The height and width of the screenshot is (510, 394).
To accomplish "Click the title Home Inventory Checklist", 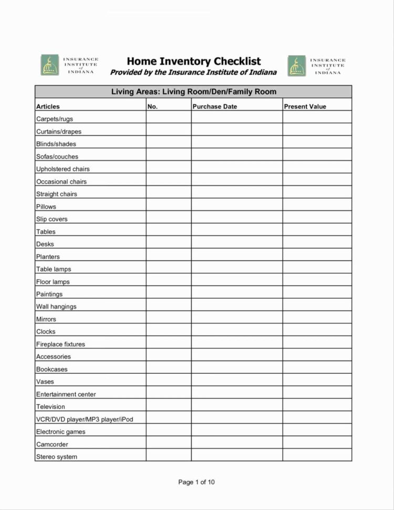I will [x=193, y=61].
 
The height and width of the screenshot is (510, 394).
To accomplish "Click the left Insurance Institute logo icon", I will [x=50, y=65].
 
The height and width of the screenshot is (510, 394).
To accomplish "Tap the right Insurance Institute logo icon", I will [x=296, y=66].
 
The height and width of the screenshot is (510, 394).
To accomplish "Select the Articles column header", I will [x=48, y=106].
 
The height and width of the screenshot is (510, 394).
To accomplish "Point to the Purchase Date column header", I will [x=214, y=106].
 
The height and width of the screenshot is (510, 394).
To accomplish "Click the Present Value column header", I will [x=305, y=106].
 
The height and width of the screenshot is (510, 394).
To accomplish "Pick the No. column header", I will [x=153, y=106].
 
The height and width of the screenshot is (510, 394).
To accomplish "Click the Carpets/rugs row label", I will [x=55, y=119].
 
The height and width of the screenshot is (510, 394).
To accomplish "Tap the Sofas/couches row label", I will [x=57, y=156].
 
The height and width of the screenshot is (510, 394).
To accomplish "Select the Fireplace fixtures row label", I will [x=60, y=344].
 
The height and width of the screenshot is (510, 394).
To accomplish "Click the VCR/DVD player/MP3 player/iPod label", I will [x=84, y=419].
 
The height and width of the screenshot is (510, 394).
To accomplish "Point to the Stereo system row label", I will [x=56, y=456].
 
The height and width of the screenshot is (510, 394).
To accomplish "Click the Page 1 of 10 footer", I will [x=196, y=482].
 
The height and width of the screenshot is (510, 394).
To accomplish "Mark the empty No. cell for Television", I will [x=168, y=406].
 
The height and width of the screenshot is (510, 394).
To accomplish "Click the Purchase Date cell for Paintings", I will [x=236, y=294].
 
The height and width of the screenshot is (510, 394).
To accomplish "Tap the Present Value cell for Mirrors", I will [x=317, y=319].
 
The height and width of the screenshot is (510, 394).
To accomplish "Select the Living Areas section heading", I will [x=193, y=92].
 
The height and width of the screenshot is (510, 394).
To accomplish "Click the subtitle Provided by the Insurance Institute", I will [x=193, y=72].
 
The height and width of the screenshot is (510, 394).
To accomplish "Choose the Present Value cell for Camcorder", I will [x=317, y=444].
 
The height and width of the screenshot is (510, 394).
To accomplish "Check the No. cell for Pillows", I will [x=168, y=207].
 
